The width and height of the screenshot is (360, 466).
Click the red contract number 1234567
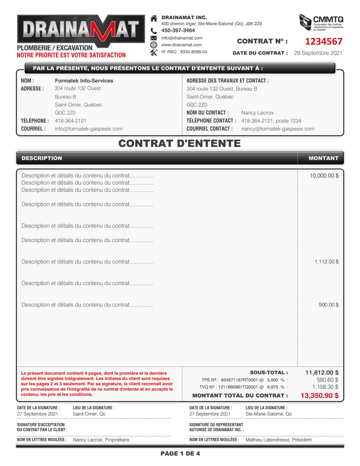pyautogui.click(x=323, y=42)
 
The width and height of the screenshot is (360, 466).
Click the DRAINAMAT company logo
pyautogui.click(x=78, y=30)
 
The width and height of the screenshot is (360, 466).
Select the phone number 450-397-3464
pyautogui.click(x=178, y=30)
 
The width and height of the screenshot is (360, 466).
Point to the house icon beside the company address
pyautogui.click(x=153, y=18)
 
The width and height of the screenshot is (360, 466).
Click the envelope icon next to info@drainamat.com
pyautogui.click(x=153, y=38)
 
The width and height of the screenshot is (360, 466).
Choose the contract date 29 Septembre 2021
pyautogui.click(x=318, y=53)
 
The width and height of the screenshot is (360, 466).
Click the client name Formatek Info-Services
pyautogui.click(x=84, y=81)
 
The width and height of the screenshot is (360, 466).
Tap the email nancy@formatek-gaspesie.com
pyautogui.click(x=277, y=129)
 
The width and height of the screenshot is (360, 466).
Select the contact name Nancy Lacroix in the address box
pyautogui.click(x=257, y=112)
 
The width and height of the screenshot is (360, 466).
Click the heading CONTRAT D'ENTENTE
pyautogui.click(x=180, y=144)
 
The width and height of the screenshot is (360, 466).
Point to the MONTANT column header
pyautogui.click(x=323, y=158)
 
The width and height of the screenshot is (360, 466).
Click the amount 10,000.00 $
pyautogui.click(x=324, y=175)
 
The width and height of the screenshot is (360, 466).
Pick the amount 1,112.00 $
pyautogui.click(x=326, y=262)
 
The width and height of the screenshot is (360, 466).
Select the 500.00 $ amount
pyautogui.click(x=328, y=305)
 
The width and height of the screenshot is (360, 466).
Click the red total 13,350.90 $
pyautogui.click(x=319, y=396)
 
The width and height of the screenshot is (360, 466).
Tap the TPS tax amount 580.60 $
pyautogui.click(x=327, y=380)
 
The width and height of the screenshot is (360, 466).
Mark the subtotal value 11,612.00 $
pyautogui.click(x=321, y=372)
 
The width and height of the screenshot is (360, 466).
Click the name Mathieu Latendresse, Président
pyautogui.click(x=278, y=440)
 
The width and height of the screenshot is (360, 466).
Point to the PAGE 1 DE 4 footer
pyautogui.click(x=180, y=454)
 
